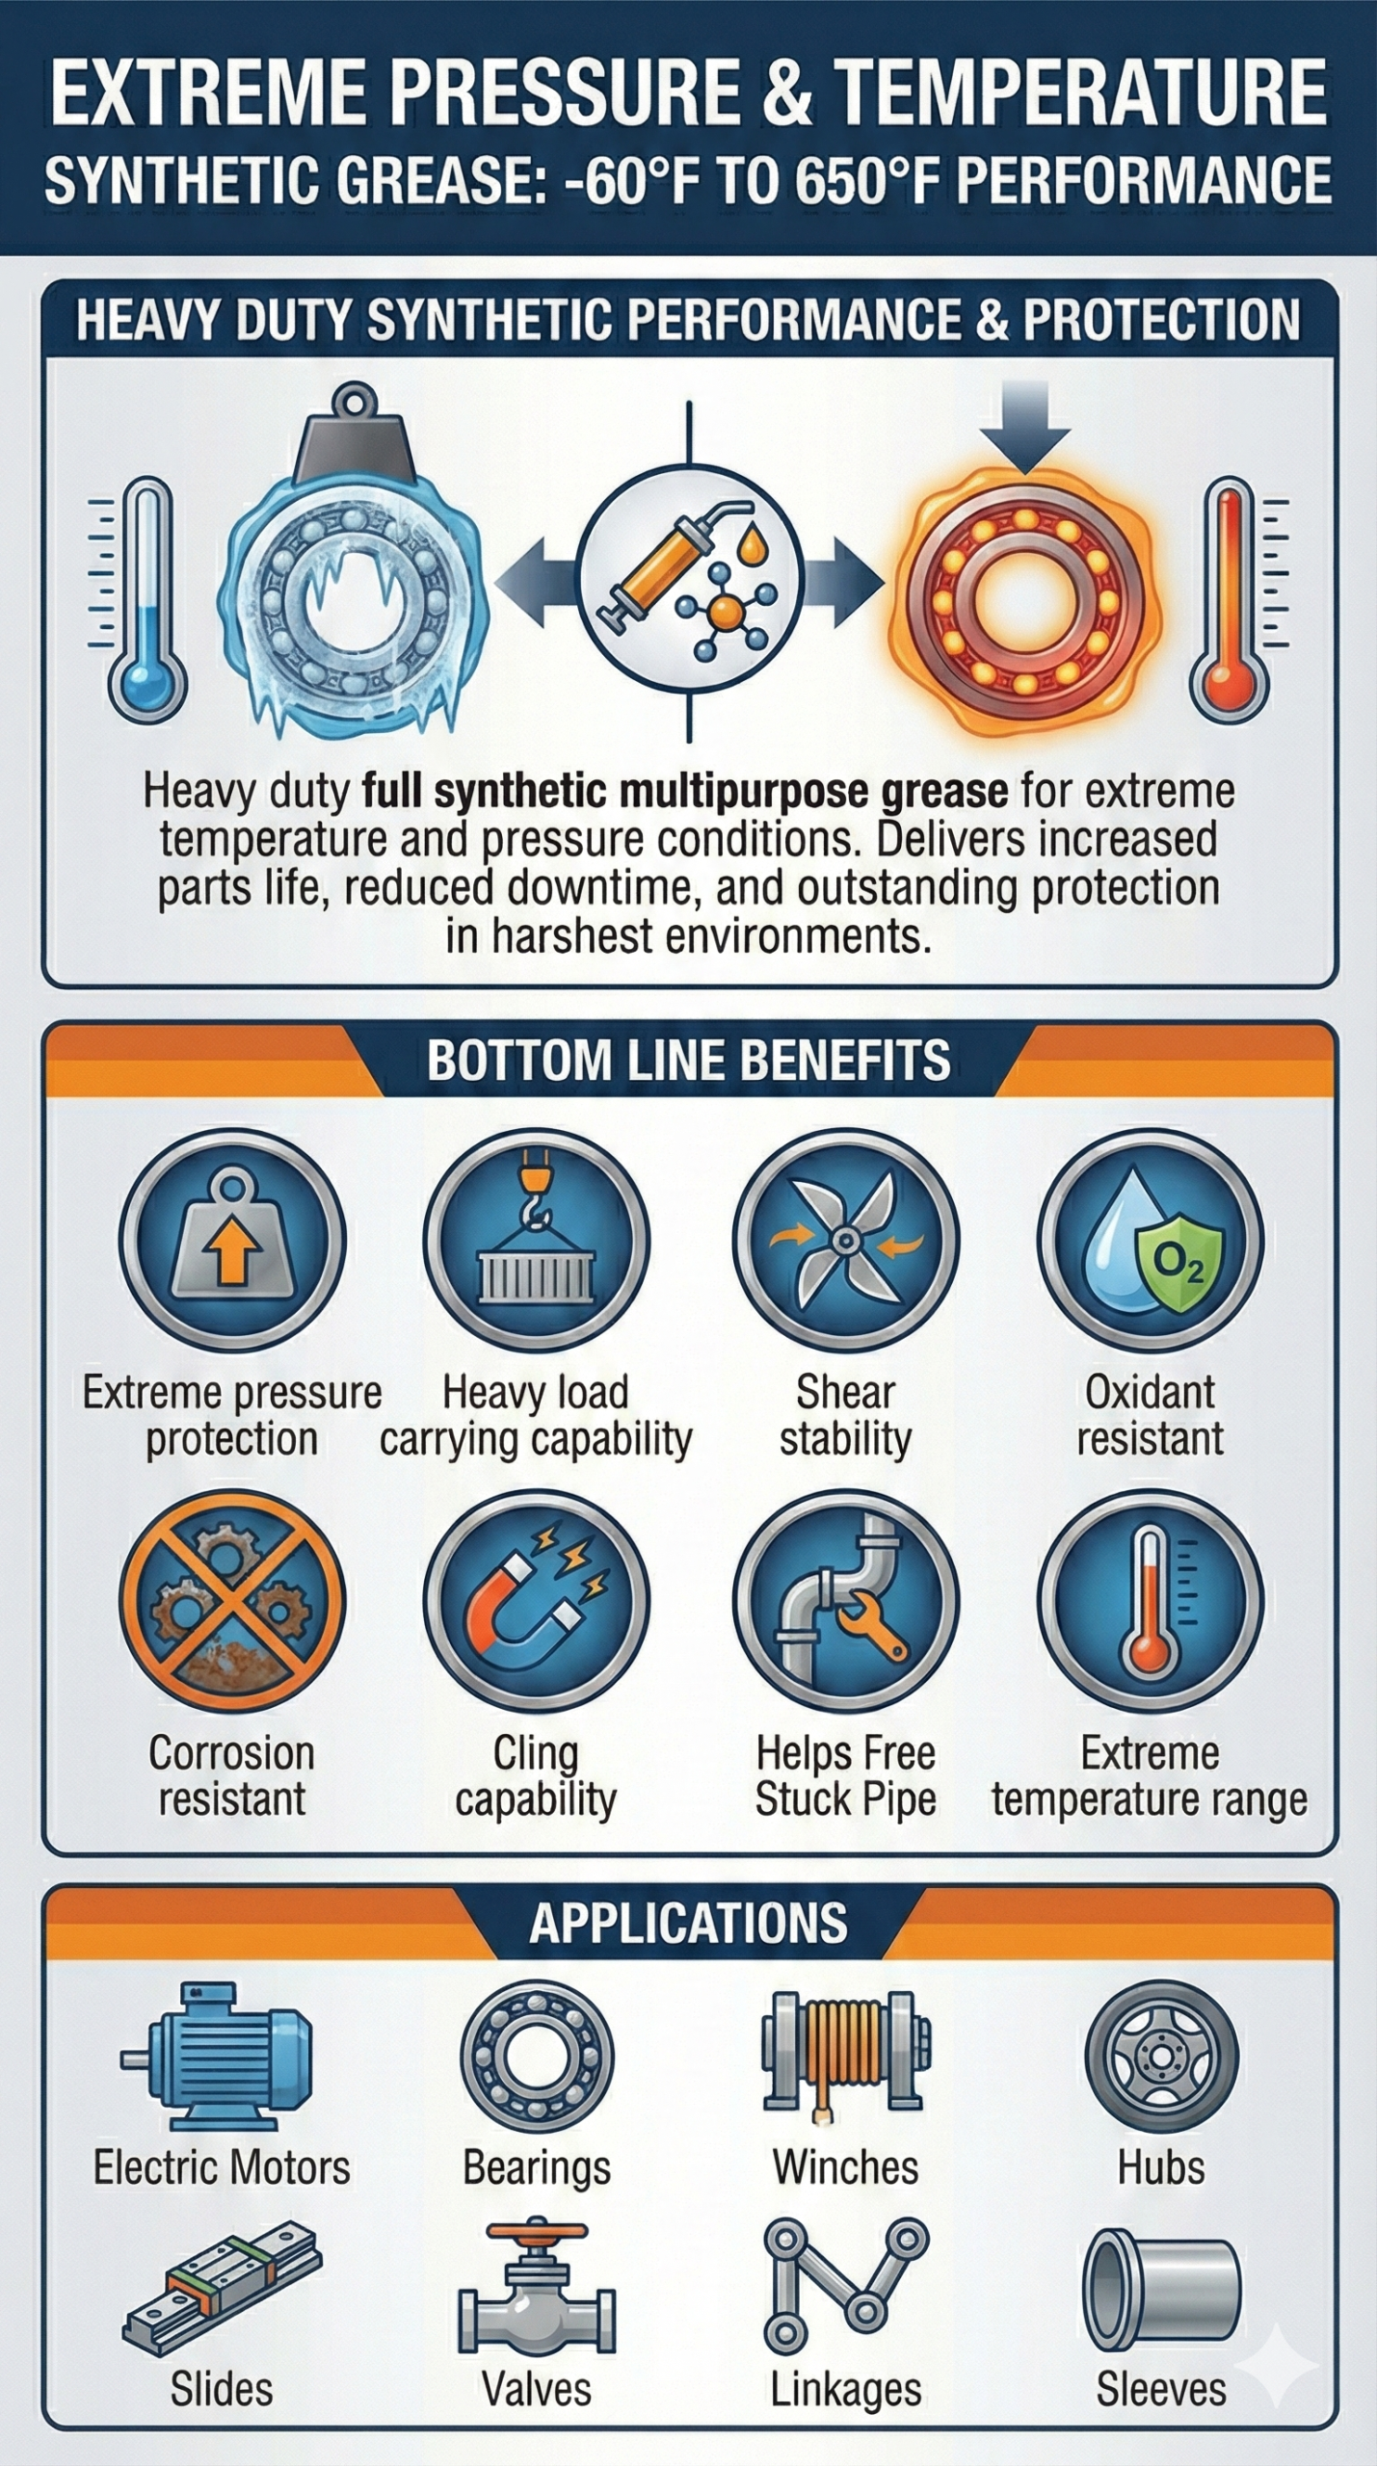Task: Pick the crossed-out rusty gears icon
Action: [x=231, y=1600]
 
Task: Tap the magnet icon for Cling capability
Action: [x=536, y=1600]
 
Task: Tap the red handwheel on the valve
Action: [x=537, y=2233]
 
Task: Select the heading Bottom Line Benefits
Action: [x=688, y=1061]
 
